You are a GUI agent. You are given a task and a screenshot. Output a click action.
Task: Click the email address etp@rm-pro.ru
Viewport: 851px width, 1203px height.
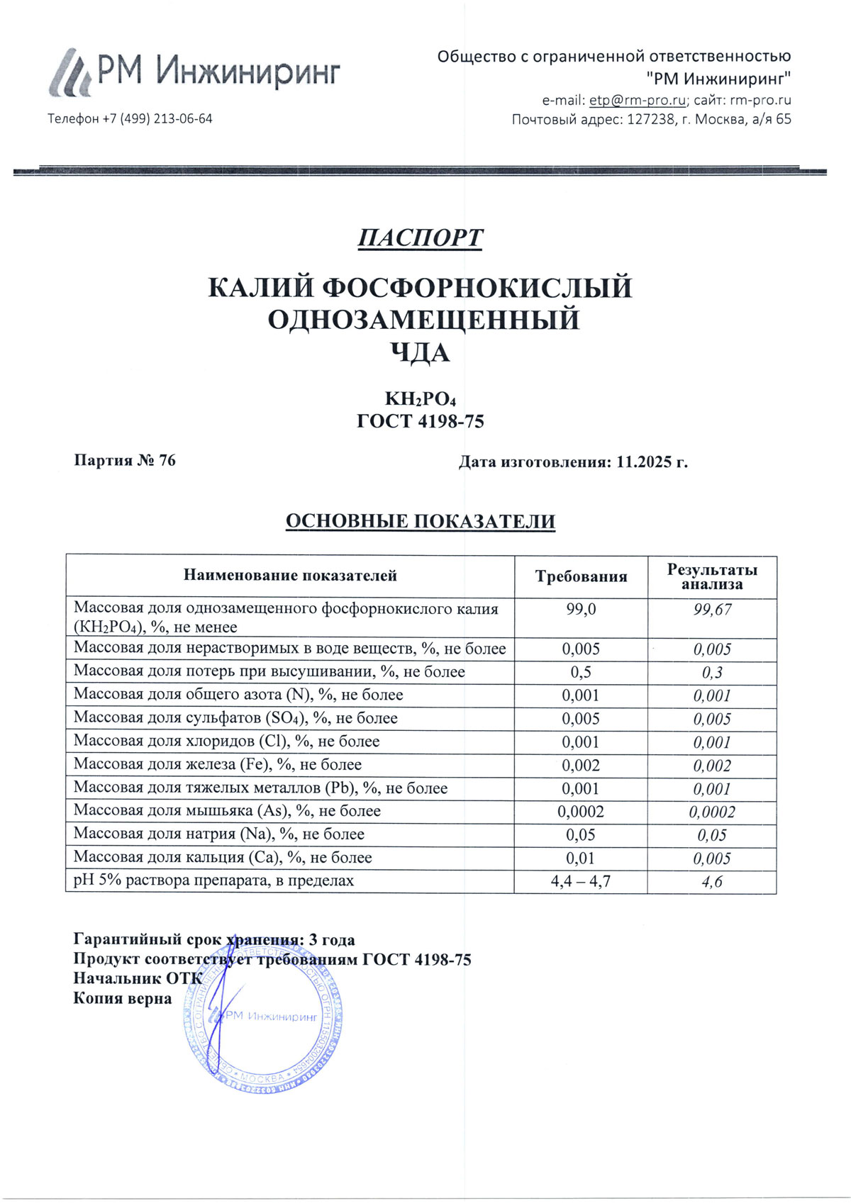pos(638,100)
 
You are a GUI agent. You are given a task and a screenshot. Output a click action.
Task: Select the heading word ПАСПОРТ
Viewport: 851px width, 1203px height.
pos(420,238)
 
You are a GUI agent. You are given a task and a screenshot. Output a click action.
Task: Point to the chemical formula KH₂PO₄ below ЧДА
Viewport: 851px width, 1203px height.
pos(421,399)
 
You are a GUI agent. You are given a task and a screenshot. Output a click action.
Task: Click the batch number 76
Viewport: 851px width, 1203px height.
pos(167,461)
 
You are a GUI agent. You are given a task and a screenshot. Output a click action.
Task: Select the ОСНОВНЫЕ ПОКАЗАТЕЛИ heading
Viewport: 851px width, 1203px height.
pos(420,522)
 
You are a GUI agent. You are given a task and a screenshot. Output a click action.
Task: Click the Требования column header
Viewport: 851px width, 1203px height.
pos(581,576)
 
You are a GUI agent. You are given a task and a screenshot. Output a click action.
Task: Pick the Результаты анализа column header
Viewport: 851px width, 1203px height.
pos(712,576)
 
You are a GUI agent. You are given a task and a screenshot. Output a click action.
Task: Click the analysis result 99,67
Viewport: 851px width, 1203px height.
pos(712,610)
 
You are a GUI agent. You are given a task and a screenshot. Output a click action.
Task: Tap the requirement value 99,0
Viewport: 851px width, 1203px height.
pos(581,610)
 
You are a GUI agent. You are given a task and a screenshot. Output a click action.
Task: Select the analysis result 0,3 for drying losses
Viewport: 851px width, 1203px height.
pos(712,672)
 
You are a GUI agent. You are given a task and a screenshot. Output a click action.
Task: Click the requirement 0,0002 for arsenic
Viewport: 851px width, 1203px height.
pos(581,812)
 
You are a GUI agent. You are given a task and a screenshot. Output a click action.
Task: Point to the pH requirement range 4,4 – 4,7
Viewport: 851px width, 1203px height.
pos(581,882)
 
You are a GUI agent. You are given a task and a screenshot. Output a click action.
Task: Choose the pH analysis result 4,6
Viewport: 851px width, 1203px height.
pos(712,882)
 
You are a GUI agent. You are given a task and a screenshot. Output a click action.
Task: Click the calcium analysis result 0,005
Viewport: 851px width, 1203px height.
pos(712,858)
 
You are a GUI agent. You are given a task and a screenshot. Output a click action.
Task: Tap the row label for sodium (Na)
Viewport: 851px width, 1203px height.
pos(219,834)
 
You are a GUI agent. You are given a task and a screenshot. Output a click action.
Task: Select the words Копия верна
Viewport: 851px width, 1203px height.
pos(123,999)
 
